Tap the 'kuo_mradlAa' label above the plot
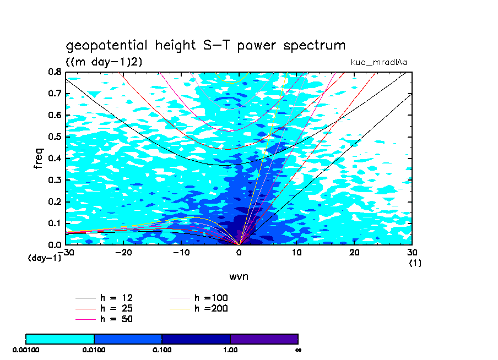tap(379, 62)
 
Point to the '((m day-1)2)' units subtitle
tap(104, 62)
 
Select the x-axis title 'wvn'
tap(239, 276)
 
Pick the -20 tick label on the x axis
tap(123, 252)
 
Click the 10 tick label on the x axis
tap(297, 252)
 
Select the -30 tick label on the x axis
tap(66, 252)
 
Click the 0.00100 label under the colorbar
tap(25, 350)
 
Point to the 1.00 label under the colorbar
tap(230, 350)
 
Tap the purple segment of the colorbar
tap(264, 339)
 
